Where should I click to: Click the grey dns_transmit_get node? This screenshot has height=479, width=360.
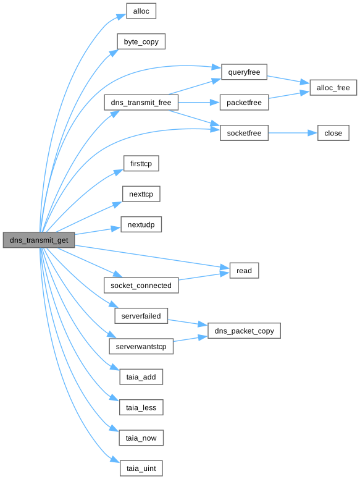coord(39,240)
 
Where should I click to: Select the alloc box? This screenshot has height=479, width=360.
coord(141,11)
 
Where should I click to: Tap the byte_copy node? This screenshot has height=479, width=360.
coord(141,41)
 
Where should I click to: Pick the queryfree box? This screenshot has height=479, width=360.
coord(244,72)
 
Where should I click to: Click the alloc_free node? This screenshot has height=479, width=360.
coord(333,88)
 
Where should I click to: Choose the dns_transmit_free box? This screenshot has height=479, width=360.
coord(141,103)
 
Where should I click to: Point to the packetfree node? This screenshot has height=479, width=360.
coord(244,103)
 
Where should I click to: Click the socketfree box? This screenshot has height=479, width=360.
coord(244,133)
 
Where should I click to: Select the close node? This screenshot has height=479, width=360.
coord(333,133)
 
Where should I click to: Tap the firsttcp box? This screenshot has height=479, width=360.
coord(141,163)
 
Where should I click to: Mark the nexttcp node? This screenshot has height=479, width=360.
coord(141,194)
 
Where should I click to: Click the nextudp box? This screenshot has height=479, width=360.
coord(141,224)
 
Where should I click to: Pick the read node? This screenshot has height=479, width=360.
coord(244,270)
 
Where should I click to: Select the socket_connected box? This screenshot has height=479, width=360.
coord(141,286)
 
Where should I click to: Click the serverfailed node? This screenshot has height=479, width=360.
coord(141,316)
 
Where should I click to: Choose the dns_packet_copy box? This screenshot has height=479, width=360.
coord(244,331)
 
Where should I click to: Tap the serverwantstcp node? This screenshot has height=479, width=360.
coord(141,346)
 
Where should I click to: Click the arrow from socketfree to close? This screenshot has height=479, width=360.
coord(293,133)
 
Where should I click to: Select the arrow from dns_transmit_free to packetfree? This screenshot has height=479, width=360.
coord(199,103)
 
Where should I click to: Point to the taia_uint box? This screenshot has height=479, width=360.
coord(141,468)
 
